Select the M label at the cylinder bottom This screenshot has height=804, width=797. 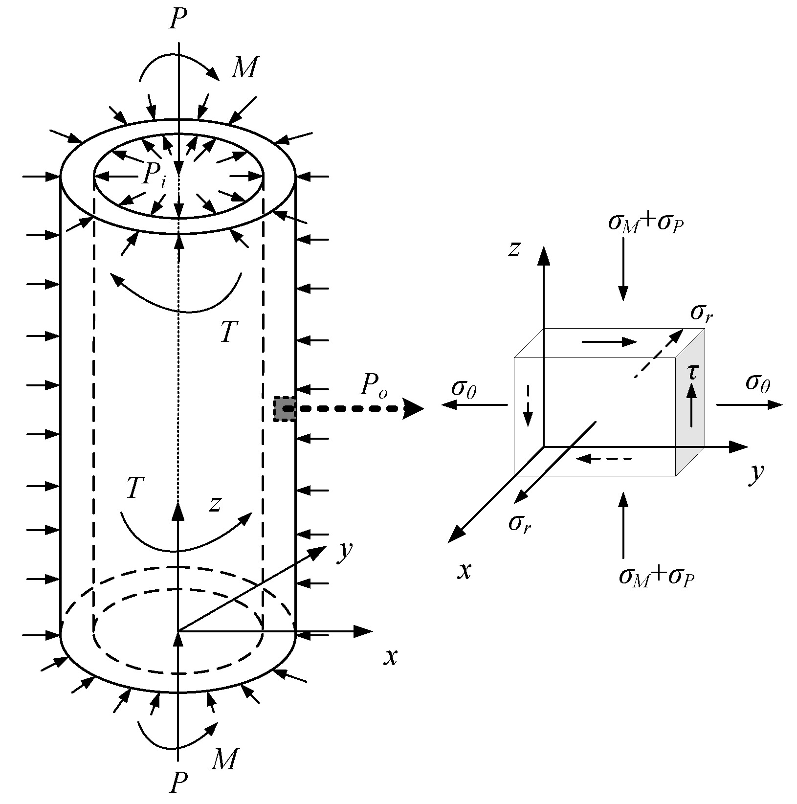224,759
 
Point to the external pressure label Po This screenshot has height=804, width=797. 374,386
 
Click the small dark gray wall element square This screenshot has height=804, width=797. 285,409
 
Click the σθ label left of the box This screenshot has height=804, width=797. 464,388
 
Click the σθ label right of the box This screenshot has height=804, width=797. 758,383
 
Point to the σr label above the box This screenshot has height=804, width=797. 701,313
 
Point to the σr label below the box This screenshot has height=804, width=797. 519,523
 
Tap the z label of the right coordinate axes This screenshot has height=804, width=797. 513,249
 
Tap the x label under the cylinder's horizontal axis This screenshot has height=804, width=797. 390,658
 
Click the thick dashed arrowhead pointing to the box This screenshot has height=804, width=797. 413,409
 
